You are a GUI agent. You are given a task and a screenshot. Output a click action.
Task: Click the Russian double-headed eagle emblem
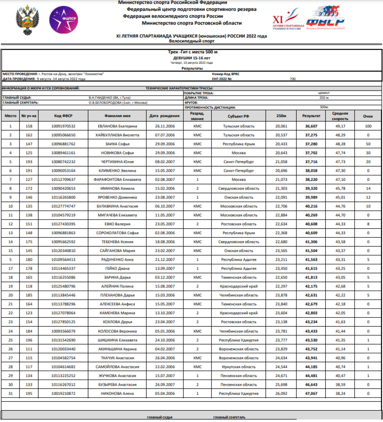(x=28, y=20)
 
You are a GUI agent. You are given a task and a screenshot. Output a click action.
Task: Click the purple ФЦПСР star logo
(x=63, y=20)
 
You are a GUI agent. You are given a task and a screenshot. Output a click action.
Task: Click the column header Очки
(x=368, y=116)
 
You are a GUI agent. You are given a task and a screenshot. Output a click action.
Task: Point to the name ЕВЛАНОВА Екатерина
(x=117, y=126)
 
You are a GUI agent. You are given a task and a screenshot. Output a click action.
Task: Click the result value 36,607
(x=311, y=126)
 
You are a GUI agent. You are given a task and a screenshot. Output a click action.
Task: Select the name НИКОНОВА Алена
(x=117, y=393)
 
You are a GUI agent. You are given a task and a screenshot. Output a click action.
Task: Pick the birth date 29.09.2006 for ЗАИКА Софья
(x=165, y=144)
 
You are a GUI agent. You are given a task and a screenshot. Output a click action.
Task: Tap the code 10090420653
(x=63, y=189)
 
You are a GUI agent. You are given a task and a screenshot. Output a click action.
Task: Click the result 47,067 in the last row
(x=311, y=393)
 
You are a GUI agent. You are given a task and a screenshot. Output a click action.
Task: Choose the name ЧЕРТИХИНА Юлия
(x=117, y=162)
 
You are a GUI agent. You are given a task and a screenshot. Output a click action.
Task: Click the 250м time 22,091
(x=281, y=197)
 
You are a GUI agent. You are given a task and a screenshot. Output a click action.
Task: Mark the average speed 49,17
(x=340, y=126)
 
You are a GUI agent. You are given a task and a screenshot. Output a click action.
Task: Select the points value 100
(x=368, y=126)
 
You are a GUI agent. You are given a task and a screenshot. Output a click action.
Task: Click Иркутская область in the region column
(x=239, y=367)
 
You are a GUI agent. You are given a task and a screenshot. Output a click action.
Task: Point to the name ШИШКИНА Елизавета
(x=117, y=340)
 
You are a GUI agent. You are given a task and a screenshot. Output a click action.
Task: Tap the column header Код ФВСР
(x=63, y=116)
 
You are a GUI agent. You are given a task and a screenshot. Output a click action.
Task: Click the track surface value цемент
(x=324, y=93)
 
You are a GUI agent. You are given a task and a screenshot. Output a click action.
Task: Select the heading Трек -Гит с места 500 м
(x=193, y=52)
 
